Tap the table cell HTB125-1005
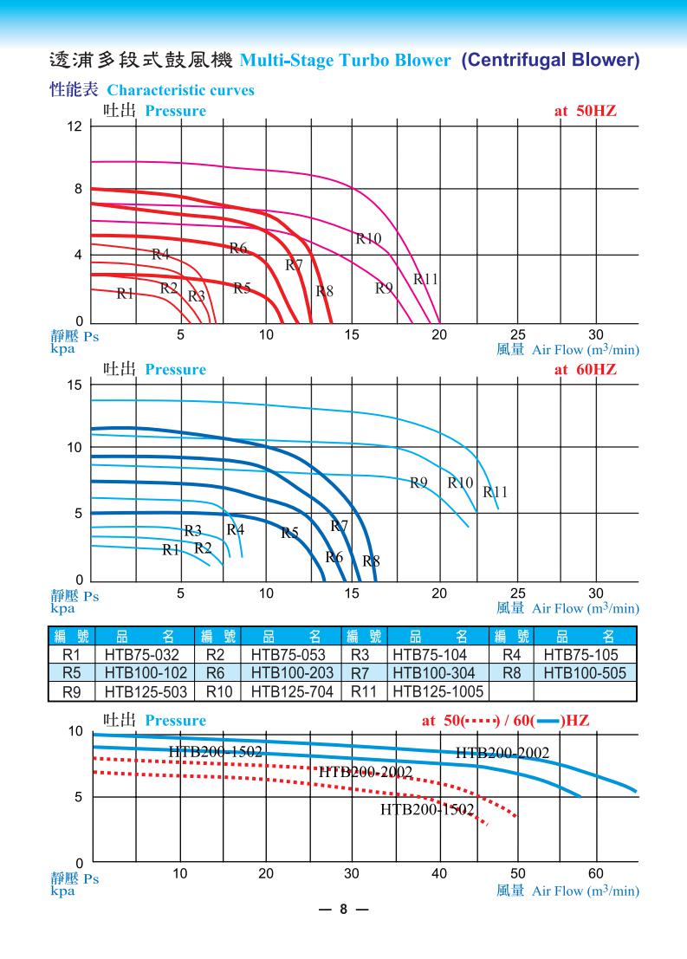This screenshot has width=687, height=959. [439, 691]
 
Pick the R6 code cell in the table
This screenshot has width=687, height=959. [218, 673]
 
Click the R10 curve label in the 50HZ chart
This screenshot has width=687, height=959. [368, 238]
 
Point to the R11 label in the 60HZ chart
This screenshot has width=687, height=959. [496, 492]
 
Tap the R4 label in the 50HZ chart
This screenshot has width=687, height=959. [160, 254]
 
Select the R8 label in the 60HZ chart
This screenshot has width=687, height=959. [371, 560]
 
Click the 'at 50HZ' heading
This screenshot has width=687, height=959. [585, 111]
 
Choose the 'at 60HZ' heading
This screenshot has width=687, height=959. [585, 370]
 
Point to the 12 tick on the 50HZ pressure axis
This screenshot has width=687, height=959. [75, 126]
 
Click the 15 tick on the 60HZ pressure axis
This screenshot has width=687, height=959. [75, 384]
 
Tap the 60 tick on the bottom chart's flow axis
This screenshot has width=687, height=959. [596, 872]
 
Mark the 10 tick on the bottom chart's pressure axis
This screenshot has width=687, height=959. [75, 732]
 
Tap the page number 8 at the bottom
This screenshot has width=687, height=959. [343, 910]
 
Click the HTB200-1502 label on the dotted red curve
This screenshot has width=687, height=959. [428, 810]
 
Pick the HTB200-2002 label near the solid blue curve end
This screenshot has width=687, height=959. [502, 753]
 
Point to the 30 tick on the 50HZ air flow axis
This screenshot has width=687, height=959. [596, 334]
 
